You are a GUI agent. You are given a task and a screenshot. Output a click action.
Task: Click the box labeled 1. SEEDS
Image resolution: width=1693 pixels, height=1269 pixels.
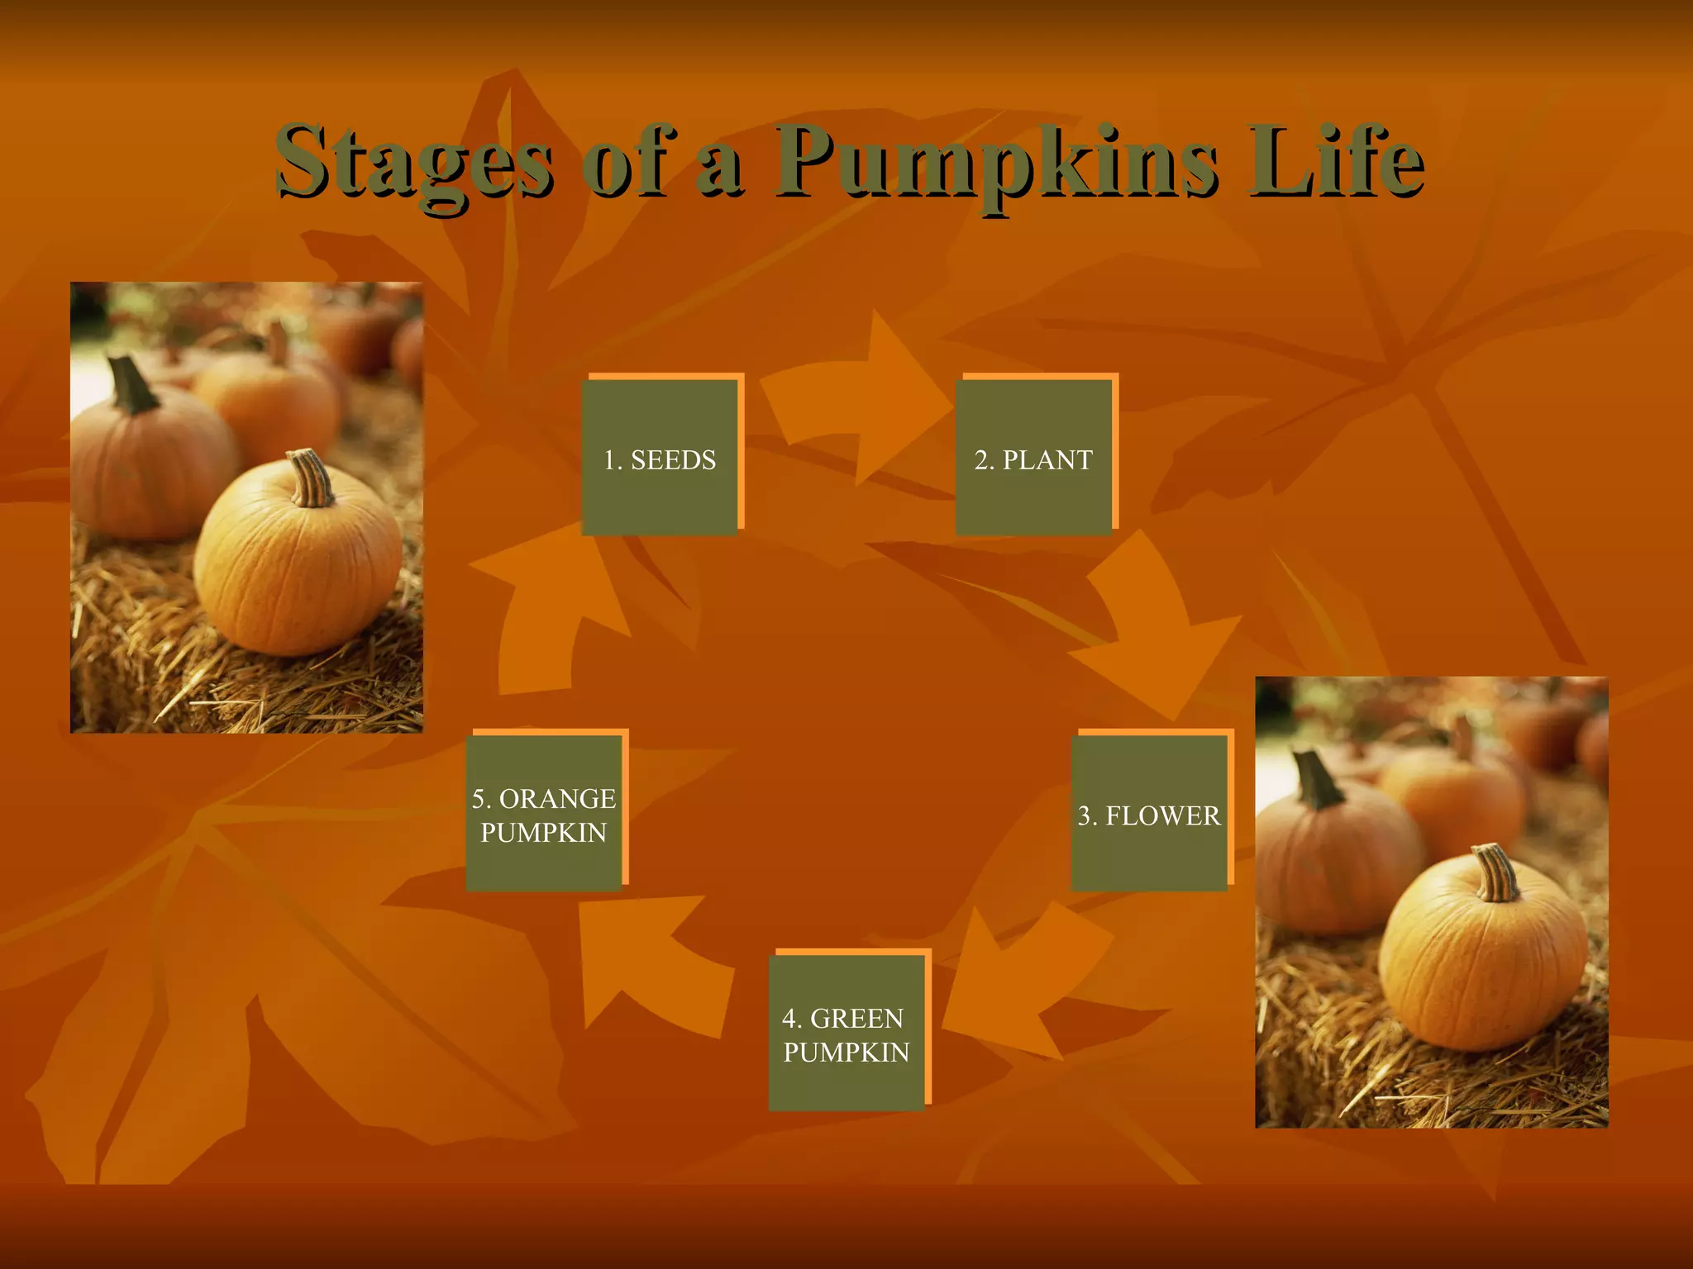(660, 458)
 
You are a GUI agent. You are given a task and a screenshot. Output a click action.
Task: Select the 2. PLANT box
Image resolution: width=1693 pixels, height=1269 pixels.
(1033, 458)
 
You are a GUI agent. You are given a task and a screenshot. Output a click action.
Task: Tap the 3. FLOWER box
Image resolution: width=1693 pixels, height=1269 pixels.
(1149, 814)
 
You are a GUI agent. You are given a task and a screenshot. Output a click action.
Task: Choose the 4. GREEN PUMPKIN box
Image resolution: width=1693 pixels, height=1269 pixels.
(846, 1033)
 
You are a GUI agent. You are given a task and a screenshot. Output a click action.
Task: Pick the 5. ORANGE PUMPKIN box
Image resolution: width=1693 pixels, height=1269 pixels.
(544, 814)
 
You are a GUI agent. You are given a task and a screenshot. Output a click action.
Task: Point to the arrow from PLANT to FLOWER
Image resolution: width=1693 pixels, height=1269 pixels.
(1157, 628)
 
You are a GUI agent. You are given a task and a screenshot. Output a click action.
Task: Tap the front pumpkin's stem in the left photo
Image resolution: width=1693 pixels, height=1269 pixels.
(312, 478)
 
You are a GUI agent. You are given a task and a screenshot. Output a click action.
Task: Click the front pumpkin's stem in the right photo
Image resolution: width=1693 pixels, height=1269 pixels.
(1497, 872)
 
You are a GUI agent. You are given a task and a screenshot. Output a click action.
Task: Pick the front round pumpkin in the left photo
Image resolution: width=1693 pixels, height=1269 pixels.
(298, 562)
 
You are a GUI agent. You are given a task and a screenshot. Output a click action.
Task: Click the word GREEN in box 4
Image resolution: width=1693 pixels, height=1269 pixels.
(857, 1018)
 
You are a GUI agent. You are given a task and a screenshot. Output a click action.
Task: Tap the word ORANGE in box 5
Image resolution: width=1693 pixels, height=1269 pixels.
(557, 798)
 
